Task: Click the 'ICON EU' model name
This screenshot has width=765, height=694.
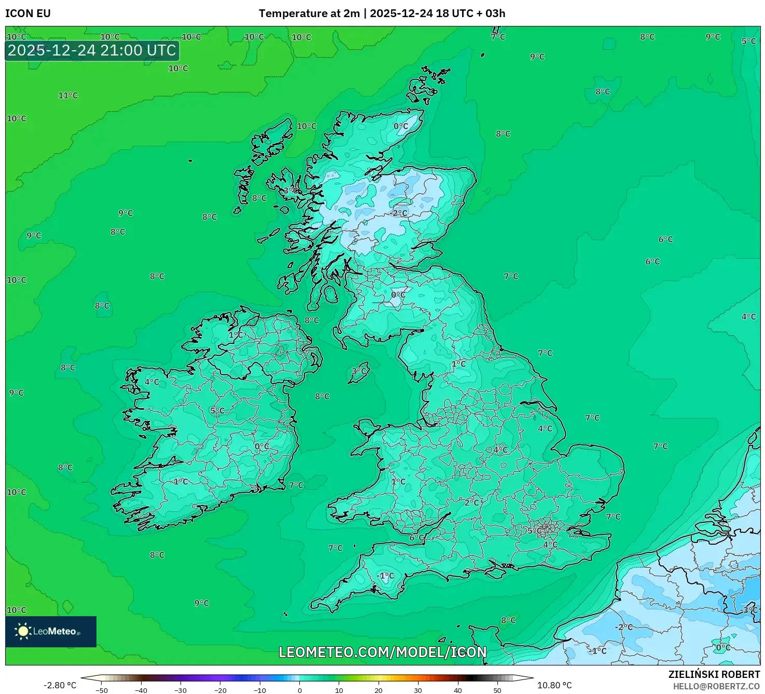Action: coord(28,13)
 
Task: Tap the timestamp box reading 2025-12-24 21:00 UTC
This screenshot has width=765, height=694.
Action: coord(92,50)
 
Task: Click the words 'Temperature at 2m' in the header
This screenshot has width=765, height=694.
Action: coord(309,13)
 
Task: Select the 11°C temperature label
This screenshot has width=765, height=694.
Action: coord(68,95)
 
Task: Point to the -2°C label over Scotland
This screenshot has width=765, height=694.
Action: coord(399,213)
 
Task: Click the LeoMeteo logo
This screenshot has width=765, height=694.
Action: coord(51,631)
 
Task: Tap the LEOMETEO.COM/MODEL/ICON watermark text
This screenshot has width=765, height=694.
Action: coord(383,652)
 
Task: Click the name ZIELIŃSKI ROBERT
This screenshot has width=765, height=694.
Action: coord(714,674)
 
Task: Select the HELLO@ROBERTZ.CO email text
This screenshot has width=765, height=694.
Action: coord(716,686)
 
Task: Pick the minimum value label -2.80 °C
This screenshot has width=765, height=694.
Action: coord(60,685)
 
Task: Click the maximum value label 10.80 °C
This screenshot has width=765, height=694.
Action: coord(554,685)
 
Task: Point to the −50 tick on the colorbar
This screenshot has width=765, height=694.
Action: coord(102,690)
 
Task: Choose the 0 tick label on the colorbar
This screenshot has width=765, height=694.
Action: coord(300,690)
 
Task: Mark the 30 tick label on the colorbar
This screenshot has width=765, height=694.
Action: coord(418,690)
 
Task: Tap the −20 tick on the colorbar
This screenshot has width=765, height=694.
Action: coord(220,690)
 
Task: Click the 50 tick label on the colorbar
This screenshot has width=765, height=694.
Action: coord(497,690)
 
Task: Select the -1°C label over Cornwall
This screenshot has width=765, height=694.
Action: coord(385,576)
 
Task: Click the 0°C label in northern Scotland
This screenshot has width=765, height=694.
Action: coord(401,126)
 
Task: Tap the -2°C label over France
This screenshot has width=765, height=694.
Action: coord(624,627)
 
